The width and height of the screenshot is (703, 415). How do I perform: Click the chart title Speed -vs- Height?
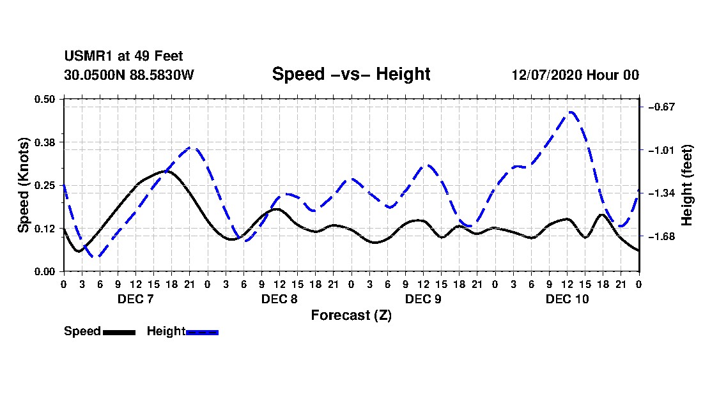[x=351, y=74]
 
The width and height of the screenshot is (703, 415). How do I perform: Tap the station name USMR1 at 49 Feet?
[x=123, y=56]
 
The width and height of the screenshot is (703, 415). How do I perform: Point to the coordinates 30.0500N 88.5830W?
[x=128, y=75]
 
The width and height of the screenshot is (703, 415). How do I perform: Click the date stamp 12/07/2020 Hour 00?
[x=575, y=75]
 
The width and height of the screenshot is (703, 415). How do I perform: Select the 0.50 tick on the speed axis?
[x=44, y=99]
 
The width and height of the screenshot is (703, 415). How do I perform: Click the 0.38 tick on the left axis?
[x=44, y=142]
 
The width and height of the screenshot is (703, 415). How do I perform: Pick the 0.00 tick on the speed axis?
[x=44, y=272]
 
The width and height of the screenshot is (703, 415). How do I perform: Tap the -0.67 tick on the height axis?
[x=661, y=107]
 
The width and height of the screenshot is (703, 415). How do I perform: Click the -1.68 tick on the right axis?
[x=661, y=236]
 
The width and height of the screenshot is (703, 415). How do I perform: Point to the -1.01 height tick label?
[x=661, y=150]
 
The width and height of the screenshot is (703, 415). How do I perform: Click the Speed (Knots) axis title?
[x=23, y=185]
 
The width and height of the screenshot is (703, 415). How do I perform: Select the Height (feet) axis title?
[x=686, y=185]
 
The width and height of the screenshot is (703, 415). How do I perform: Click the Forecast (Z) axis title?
[x=351, y=315]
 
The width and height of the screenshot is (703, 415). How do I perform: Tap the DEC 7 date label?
[x=135, y=299]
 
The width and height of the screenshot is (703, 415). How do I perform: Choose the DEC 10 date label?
[x=567, y=299]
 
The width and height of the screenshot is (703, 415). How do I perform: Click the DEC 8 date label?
[x=279, y=299]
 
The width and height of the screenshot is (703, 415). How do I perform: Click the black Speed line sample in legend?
[x=120, y=332]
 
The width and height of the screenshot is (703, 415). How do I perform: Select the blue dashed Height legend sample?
[x=202, y=332]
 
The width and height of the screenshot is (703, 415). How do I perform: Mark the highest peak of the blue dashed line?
[x=570, y=112]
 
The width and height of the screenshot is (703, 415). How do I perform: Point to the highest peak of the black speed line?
[x=166, y=172]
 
